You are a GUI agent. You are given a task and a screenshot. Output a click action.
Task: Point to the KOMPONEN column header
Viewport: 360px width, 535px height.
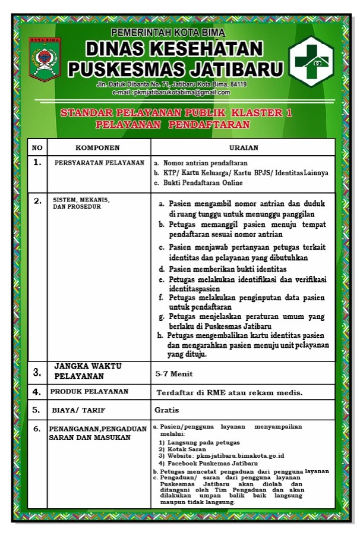click(98, 147)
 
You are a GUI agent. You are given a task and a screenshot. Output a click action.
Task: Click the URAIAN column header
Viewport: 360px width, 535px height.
click(243, 147)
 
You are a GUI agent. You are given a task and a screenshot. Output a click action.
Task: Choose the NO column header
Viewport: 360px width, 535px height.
click(37, 147)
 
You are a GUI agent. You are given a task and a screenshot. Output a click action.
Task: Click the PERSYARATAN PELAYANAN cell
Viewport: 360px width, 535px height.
click(99, 162)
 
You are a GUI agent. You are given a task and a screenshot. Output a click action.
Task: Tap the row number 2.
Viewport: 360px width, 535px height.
click(37, 201)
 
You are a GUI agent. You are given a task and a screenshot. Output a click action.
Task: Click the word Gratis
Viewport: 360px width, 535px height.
click(166, 410)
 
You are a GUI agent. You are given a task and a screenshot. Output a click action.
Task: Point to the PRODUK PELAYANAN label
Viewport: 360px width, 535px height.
click(89, 391)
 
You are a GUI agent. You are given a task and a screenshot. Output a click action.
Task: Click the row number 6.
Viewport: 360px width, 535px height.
click(37, 428)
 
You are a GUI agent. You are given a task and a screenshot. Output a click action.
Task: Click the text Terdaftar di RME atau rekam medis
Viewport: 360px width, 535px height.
click(229, 392)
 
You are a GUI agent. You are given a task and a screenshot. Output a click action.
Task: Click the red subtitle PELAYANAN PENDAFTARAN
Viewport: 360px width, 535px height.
click(172, 125)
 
